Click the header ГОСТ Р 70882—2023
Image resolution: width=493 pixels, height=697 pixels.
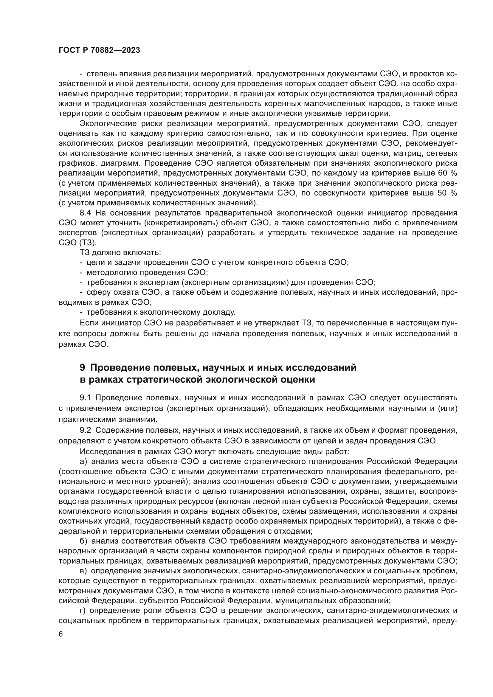click(x=99, y=50)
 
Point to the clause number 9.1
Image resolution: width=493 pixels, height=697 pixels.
click(x=86, y=398)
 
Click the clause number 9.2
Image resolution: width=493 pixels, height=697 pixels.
click(x=86, y=430)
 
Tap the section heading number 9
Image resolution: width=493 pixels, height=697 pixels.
click(x=83, y=368)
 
